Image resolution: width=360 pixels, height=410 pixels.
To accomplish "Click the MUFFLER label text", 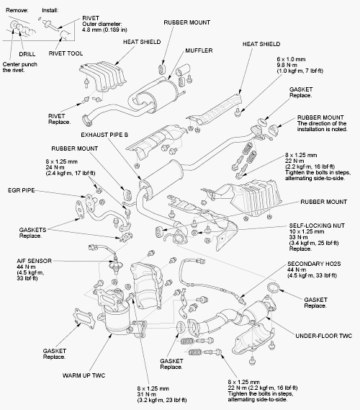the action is (x=199, y=50).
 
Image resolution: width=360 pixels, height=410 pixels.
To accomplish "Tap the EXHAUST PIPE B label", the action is (x=104, y=135).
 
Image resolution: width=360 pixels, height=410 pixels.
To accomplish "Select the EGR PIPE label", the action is (x=21, y=190).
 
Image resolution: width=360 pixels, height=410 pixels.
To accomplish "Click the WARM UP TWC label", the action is (x=84, y=375).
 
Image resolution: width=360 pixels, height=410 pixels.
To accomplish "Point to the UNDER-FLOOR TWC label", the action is (x=324, y=336).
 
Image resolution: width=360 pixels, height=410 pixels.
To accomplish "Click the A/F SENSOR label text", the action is (x=35, y=261).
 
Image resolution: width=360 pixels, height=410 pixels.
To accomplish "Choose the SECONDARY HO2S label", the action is (x=314, y=264).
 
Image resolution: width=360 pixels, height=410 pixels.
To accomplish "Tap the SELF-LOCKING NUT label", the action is (x=317, y=226).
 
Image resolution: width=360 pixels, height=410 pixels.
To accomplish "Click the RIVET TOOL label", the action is (x=66, y=53).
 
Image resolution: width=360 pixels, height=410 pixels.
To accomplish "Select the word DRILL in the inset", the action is (x=27, y=54).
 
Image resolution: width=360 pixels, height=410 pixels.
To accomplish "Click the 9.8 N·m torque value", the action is (x=287, y=65).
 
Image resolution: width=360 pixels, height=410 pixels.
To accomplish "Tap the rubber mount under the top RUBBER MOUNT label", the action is (x=162, y=68).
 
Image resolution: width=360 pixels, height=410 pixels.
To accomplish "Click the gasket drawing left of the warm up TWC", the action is (x=84, y=318).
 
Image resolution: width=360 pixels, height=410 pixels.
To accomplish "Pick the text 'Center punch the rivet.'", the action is (x=20, y=67).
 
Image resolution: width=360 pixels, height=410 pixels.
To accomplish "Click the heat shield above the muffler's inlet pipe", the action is (x=103, y=76).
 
